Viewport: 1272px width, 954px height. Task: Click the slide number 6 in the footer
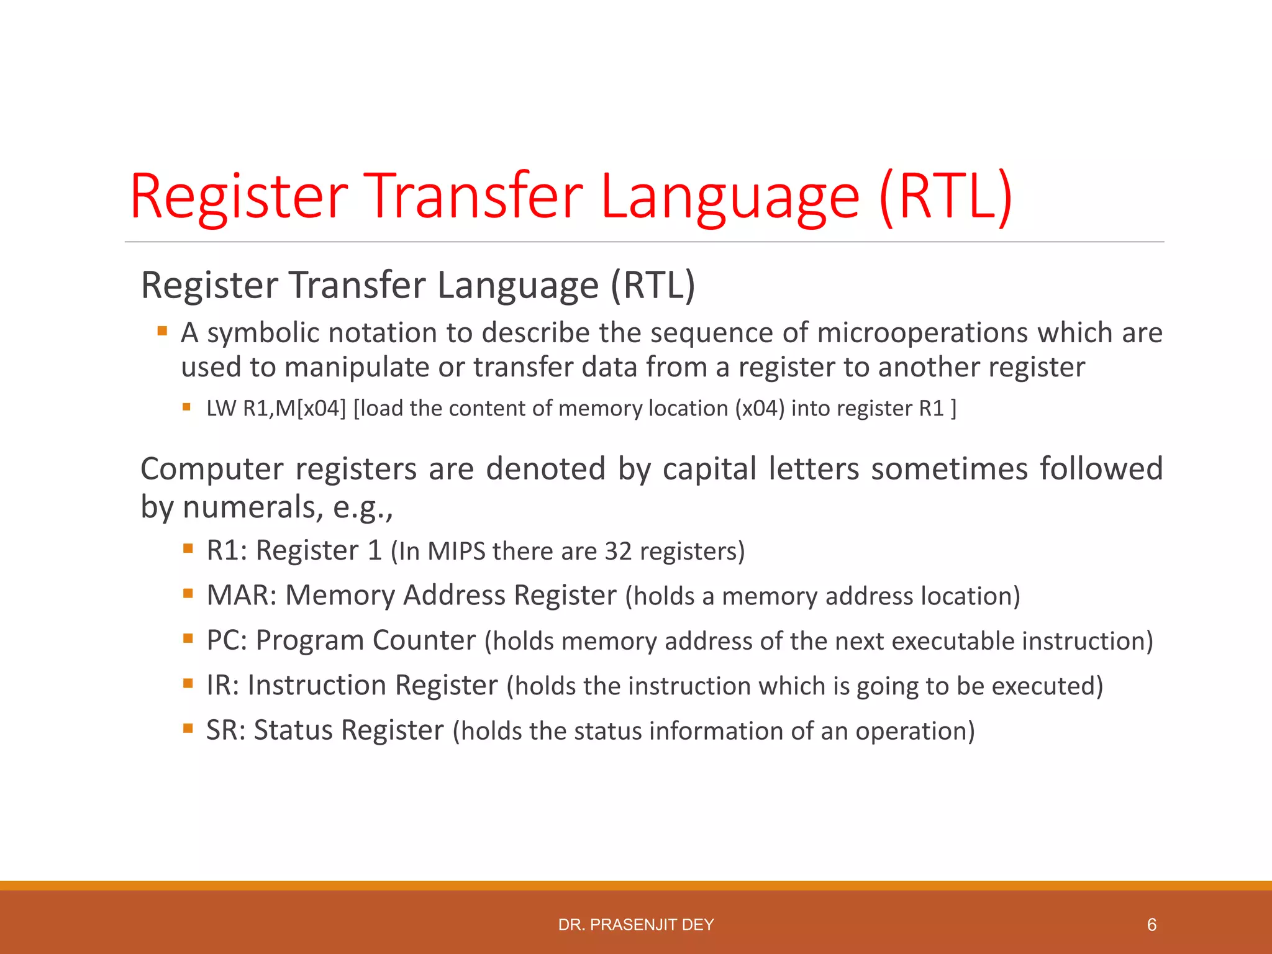point(1152,925)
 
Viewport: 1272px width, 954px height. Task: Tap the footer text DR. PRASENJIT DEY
point(636,925)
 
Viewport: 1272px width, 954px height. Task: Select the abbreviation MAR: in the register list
point(241,595)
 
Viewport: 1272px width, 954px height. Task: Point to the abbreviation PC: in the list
point(227,640)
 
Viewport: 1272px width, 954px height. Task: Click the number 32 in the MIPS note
point(618,552)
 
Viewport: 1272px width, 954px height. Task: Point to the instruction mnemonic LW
point(220,409)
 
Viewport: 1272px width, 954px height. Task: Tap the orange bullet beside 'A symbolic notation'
point(162,331)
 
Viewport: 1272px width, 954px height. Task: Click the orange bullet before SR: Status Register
point(188,727)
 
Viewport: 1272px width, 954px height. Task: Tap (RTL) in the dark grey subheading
point(653,285)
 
